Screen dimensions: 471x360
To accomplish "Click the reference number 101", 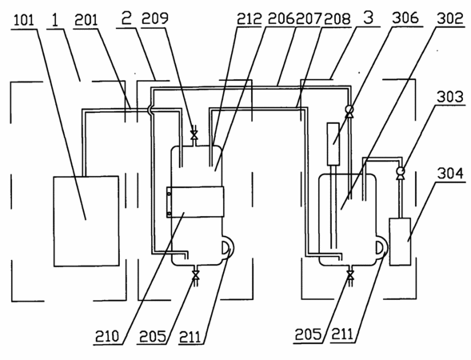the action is (x=24, y=21).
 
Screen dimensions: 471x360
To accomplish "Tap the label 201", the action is (x=86, y=20).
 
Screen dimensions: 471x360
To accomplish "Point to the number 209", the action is (x=154, y=18).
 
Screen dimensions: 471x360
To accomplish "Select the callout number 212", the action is (x=249, y=19).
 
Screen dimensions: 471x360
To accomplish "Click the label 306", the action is (x=405, y=18).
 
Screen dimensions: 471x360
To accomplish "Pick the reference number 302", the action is (x=450, y=18).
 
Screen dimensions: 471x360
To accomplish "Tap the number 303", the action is (x=450, y=97).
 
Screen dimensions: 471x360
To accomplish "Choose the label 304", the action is (x=450, y=174).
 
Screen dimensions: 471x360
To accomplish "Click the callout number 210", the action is (x=107, y=336).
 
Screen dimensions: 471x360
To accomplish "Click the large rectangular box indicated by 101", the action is (x=86, y=221).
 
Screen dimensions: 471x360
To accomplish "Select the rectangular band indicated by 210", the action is (x=195, y=202).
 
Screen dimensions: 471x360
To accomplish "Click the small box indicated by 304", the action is (x=400, y=242).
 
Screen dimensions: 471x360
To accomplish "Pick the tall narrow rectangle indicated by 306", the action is (x=333, y=144).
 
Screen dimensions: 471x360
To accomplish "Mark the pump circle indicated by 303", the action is (x=401, y=171).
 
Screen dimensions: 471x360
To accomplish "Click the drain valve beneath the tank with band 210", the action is (x=196, y=274).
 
